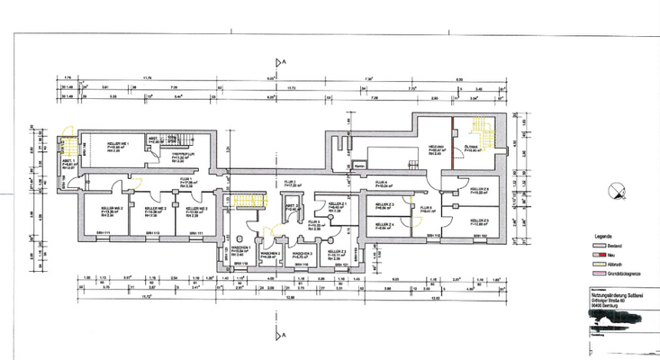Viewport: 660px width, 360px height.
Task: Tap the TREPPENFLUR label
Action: pos(184,154)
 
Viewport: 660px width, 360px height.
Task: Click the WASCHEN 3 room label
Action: pos(303,255)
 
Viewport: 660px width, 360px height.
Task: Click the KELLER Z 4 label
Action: pos(383,225)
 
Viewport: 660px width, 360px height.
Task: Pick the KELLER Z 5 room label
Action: pos(477,221)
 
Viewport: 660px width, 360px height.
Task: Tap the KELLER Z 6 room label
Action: pos(477,191)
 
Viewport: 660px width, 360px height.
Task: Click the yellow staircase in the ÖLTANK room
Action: pos(489,137)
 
